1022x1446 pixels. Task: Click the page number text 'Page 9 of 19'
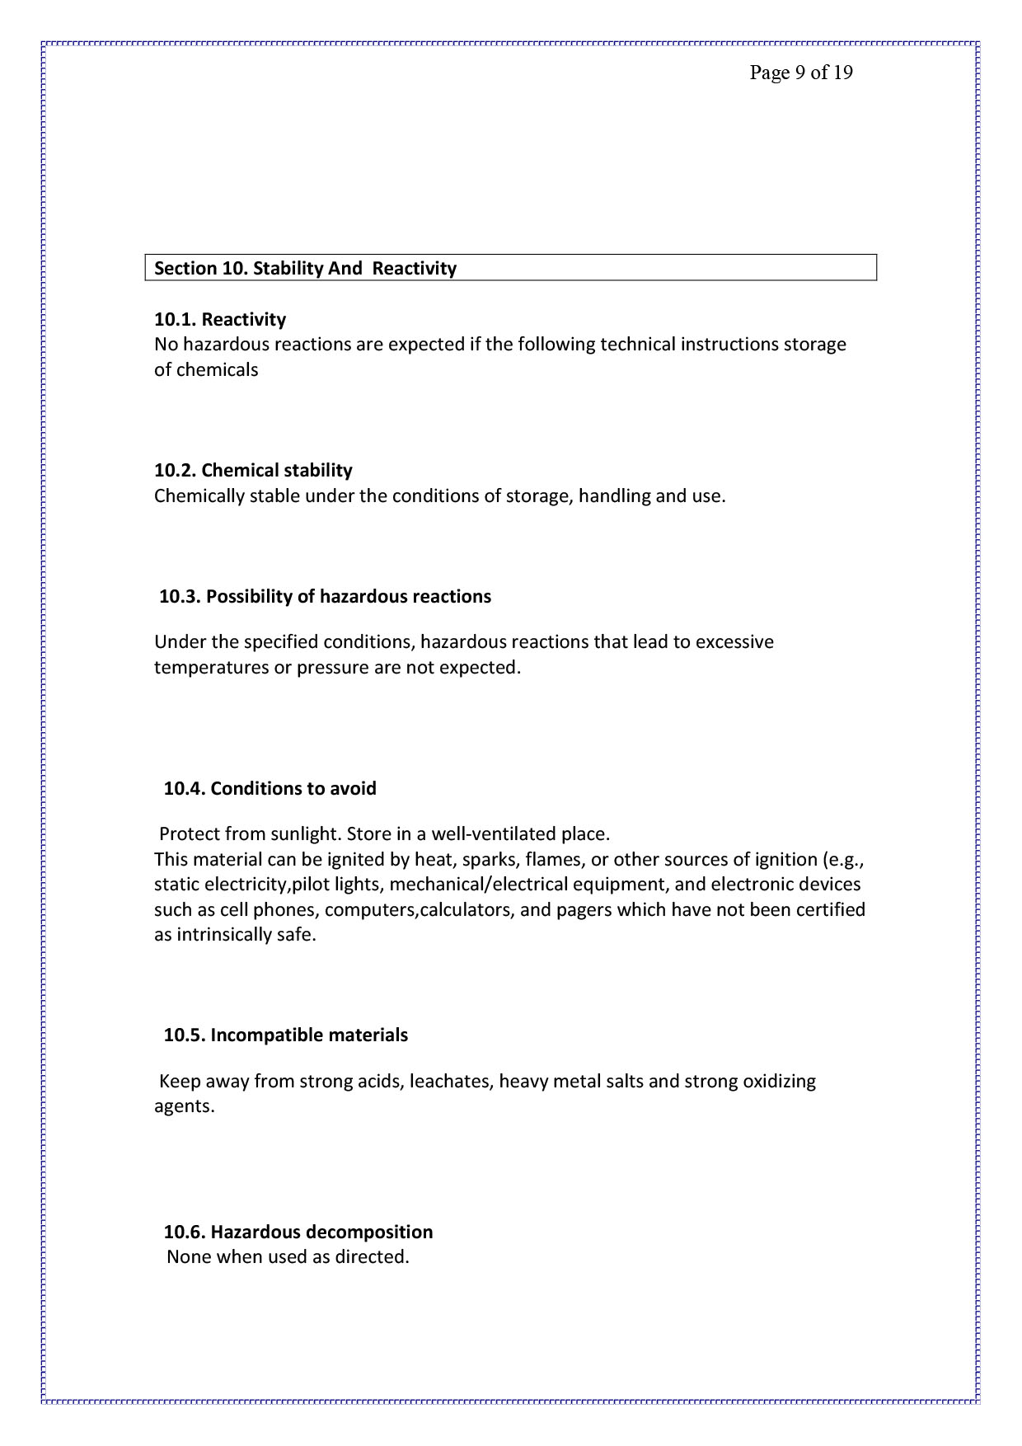pyautogui.click(x=800, y=73)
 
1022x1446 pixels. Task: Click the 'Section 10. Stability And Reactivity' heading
pyautogui.click(x=305, y=269)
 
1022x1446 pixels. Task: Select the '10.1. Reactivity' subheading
pyautogui.click(x=220, y=320)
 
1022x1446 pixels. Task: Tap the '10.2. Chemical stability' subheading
pyautogui.click(x=253, y=471)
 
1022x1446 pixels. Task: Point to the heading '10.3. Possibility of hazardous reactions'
pyautogui.click(x=325, y=597)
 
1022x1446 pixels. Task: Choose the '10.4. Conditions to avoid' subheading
pyautogui.click(x=270, y=789)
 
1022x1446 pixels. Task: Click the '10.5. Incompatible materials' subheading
pyautogui.click(x=285, y=1035)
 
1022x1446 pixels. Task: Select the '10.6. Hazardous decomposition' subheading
pyautogui.click(x=298, y=1232)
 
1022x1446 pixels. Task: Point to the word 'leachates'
pyautogui.click(x=451, y=1082)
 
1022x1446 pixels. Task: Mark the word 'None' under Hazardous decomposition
pyautogui.click(x=189, y=1258)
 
